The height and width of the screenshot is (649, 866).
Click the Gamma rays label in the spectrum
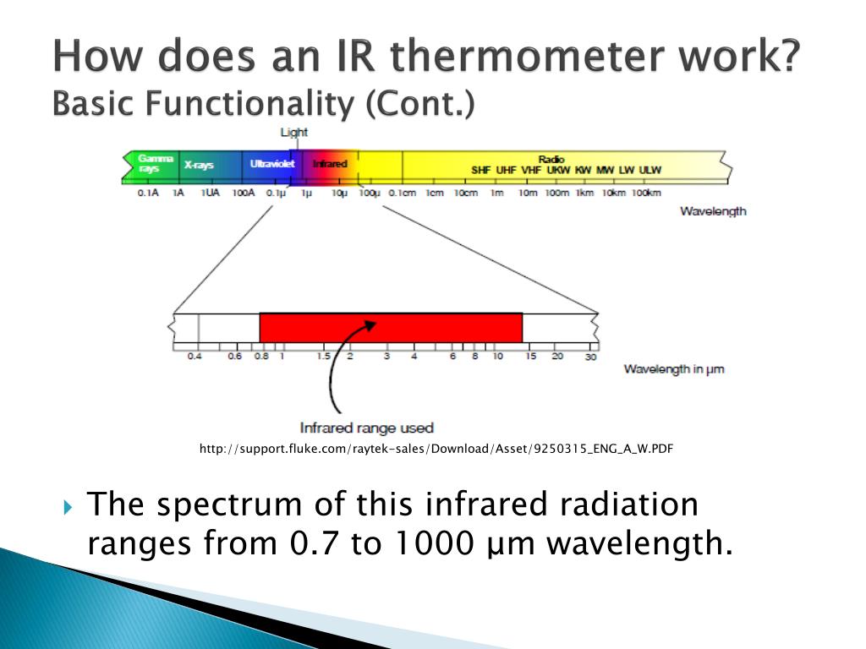tap(155, 163)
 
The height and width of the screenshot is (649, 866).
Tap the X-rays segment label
tap(199, 165)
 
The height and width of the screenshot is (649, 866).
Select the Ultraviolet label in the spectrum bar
tap(271, 164)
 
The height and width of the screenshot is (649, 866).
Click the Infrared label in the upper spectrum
tap(330, 163)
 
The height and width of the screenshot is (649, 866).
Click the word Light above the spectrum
tap(294, 132)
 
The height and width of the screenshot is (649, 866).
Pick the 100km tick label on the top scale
tap(646, 193)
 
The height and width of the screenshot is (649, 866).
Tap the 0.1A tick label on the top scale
tap(147, 193)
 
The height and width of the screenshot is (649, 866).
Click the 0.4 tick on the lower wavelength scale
tap(195, 357)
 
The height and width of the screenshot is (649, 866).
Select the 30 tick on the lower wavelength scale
tap(590, 357)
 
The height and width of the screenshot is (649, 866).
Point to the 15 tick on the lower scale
tap(530, 357)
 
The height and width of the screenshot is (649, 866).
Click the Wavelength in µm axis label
tap(673, 369)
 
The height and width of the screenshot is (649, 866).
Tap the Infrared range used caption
tap(366, 428)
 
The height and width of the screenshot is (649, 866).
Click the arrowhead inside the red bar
tap(370, 324)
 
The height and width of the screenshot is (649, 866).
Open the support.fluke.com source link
tap(436, 449)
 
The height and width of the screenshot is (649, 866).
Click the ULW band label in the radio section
tap(650, 170)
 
